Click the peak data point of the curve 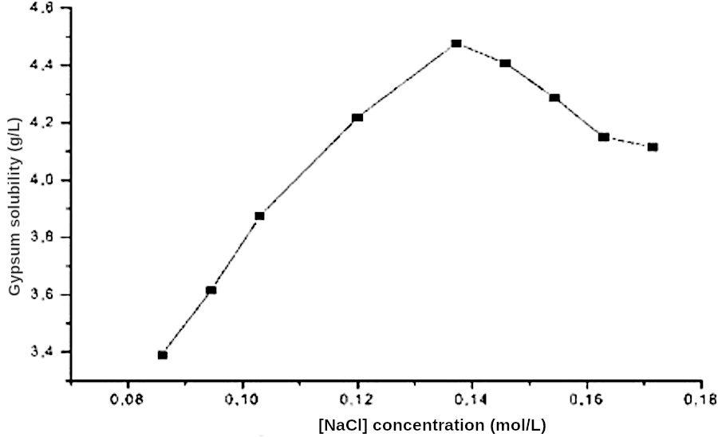[456, 44]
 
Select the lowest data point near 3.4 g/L [163, 355]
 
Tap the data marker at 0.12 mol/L [357, 117]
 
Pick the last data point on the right [653, 147]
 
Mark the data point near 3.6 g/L [211, 289]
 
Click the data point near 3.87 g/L [259, 216]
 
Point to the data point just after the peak [505, 63]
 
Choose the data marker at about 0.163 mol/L [604, 137]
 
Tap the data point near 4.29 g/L [554, 98]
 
